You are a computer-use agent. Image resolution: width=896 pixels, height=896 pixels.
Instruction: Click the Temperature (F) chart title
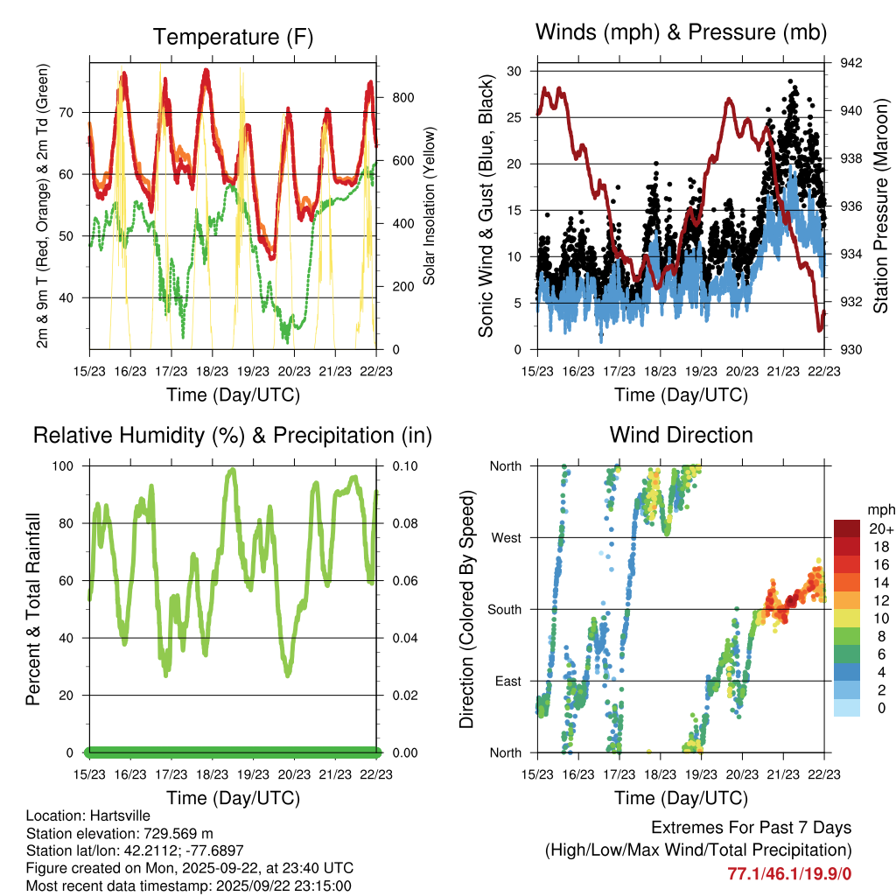[x=232, y=37]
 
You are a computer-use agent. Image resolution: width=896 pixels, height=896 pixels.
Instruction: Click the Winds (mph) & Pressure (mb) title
[x=681, y=33]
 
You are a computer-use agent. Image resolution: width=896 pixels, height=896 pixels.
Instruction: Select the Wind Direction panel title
[x=681, y=434]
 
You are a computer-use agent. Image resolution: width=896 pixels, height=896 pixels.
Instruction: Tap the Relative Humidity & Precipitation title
[x=232, y=435]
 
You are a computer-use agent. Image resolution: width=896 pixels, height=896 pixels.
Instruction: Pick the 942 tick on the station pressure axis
[x=851, y=63]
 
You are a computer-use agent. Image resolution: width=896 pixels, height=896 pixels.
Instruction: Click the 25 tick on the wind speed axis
[x=518, y=117]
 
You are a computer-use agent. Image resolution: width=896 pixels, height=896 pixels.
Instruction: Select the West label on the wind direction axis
[x=506, y=537]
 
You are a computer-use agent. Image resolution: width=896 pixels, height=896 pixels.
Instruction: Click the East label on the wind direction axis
[x=506, y=681]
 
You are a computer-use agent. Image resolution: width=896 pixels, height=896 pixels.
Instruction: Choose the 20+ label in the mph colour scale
[x=880, y=528]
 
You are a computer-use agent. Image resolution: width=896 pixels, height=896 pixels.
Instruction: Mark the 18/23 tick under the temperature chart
[x=213, y=371]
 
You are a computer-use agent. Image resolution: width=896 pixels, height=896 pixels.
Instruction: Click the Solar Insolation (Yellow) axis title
[x=430, y=206]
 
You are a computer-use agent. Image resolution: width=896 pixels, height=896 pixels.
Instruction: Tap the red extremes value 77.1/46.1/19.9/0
[x=789, y=873]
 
